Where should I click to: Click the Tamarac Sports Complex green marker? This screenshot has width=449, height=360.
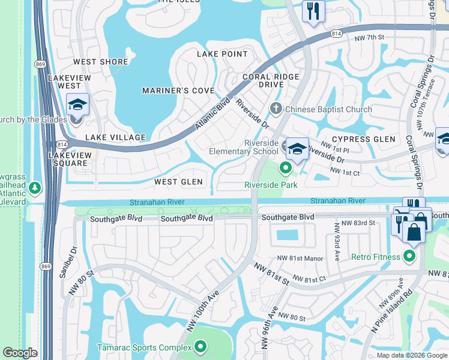pos(200,347)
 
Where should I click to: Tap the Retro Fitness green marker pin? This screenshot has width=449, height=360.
pos(410,257)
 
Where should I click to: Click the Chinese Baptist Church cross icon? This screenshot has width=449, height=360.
pos(276,109)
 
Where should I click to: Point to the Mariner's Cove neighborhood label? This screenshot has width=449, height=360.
pos(178,91)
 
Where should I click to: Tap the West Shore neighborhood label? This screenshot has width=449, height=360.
pos(101,62)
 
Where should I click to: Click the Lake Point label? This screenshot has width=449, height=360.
pos(222,54)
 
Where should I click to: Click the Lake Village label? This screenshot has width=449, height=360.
pos(115,137)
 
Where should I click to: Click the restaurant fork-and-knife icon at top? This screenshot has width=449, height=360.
pos(313,10)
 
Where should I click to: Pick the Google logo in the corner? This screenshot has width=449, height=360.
pos(20,353)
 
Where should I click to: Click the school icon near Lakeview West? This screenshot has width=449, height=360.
pos(77,105)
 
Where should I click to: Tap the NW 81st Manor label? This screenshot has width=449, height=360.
pos(300,259)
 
